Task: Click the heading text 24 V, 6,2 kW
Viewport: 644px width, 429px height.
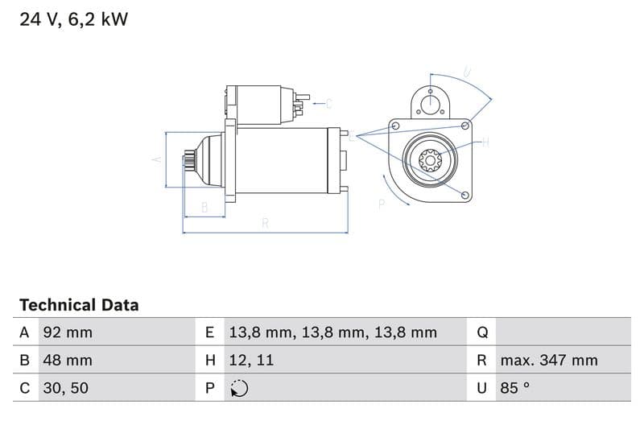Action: click(73, 19)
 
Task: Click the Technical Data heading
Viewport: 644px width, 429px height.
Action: click(79, 305)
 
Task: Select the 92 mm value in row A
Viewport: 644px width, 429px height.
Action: click(68, 332)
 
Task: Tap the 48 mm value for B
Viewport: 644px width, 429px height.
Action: click(68, 360)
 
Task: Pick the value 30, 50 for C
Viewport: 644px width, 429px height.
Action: click(65, 388)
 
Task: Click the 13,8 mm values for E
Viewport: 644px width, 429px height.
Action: click(332, 332)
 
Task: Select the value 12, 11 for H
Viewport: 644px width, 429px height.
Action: click(251, 360)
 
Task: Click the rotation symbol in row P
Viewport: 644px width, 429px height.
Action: click(239, 388)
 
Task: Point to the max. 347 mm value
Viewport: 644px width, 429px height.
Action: click(548, 360)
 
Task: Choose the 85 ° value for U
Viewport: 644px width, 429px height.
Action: click(515, 388)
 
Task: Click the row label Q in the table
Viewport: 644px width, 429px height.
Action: click(482, 332)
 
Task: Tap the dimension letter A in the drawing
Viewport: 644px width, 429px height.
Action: click(157, 159)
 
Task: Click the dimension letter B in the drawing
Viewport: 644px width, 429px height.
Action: click(204, 208)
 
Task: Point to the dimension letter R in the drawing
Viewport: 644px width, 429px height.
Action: click(265, 224)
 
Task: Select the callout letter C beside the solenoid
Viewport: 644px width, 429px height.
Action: click(328, 103)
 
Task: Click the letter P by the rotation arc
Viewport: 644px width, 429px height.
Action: click(382, 204)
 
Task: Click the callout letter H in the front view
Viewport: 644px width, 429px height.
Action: click(485, 142)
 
